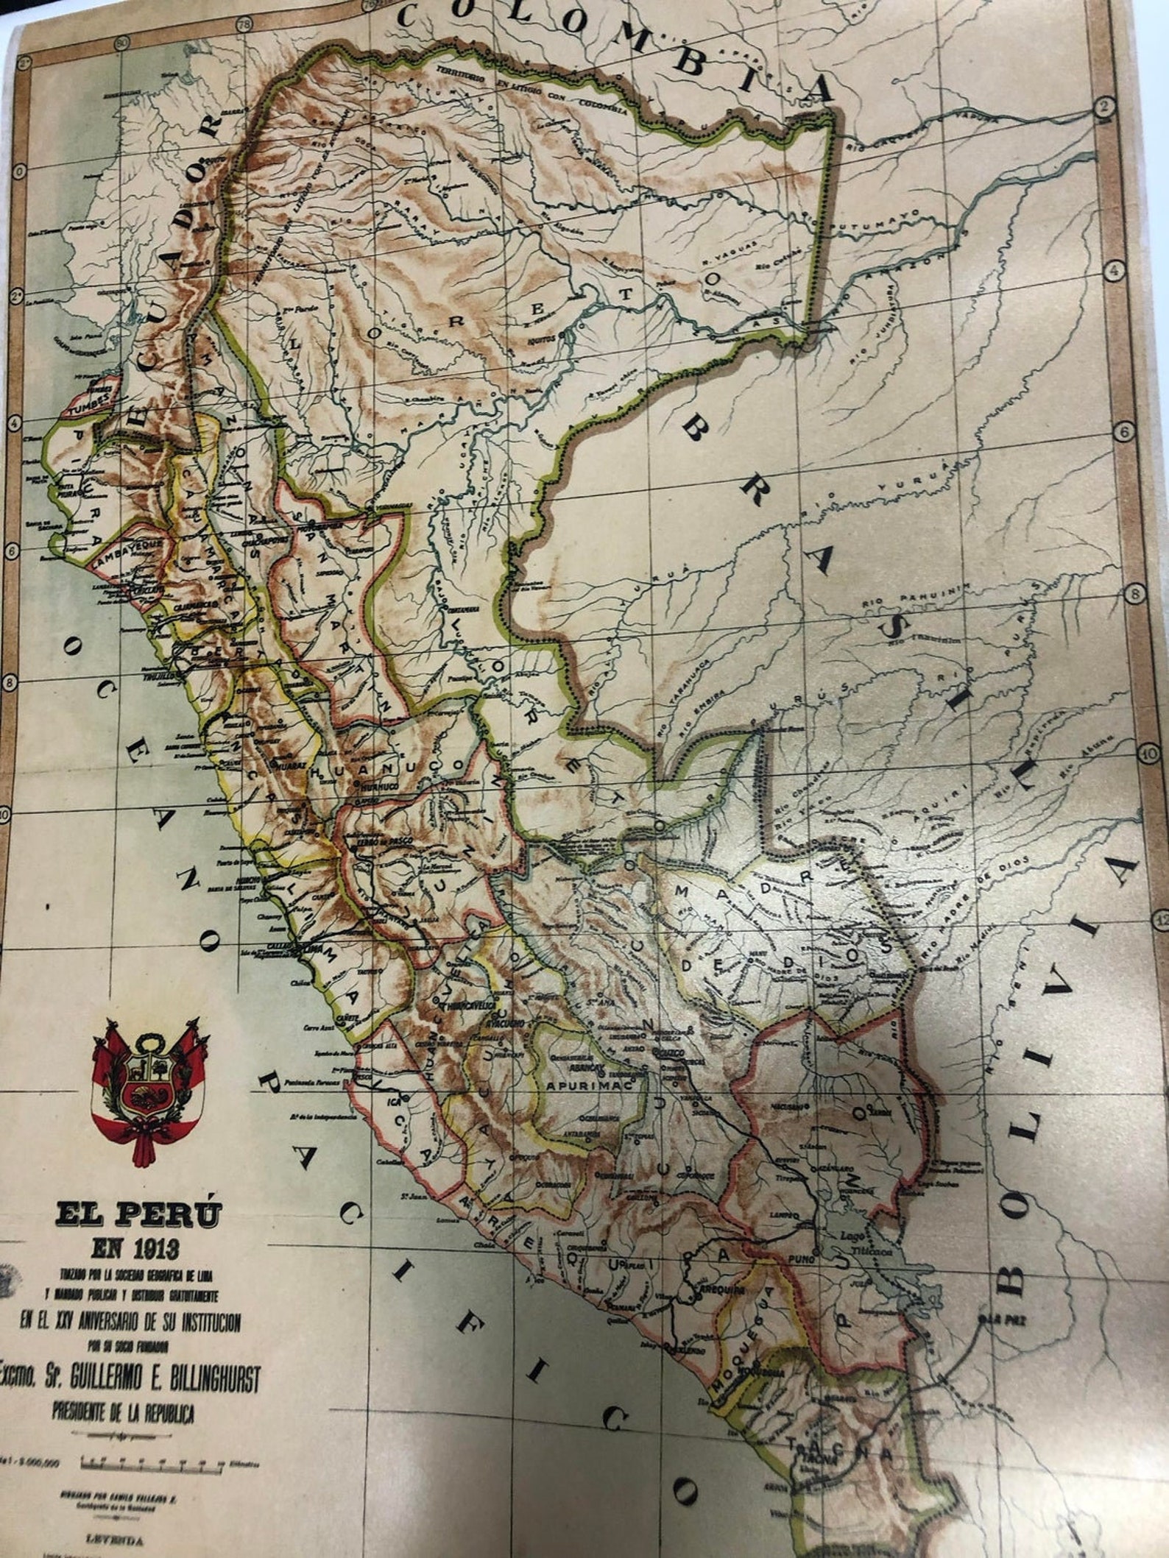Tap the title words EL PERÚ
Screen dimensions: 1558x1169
138,1212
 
